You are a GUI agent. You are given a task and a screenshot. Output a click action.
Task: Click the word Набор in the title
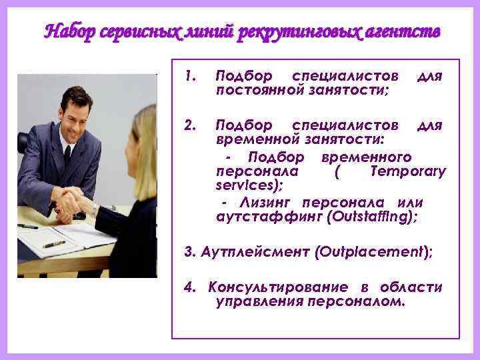71,31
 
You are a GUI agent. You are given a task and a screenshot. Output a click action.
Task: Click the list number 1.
189,76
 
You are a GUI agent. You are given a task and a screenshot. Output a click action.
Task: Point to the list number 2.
189,125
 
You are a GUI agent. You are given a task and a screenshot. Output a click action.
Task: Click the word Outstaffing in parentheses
375,216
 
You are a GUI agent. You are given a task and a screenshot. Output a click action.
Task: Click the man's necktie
67,159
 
